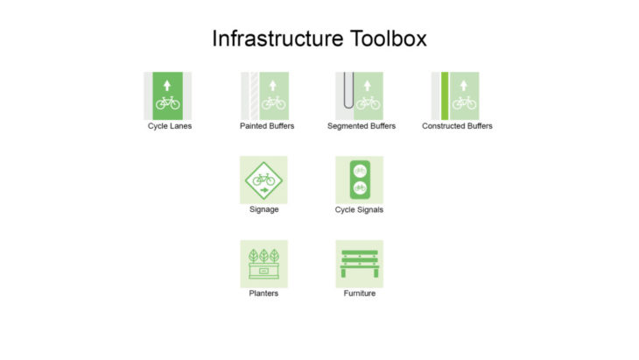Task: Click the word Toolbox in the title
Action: pos(389,39)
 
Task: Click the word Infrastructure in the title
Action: pos(278,39)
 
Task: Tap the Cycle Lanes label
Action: pos(170,126)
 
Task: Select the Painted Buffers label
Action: pos(267,126)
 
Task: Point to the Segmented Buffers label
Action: pos(362,126)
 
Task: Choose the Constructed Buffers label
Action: pos(457,126)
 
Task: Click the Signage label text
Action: pos(264,209)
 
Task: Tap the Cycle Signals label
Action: pos(359,209)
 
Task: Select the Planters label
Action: pos(263,293)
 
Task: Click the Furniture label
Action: pos(360,293)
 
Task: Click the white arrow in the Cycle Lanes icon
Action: pos(167,85)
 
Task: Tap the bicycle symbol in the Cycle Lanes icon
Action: pos(167,102)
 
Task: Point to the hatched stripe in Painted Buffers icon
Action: pos(255,95)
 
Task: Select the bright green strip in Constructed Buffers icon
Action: pos(445,95)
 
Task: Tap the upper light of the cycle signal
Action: pos(360,171)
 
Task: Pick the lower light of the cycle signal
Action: pos(360,188)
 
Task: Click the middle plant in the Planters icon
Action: pos(264,256)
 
